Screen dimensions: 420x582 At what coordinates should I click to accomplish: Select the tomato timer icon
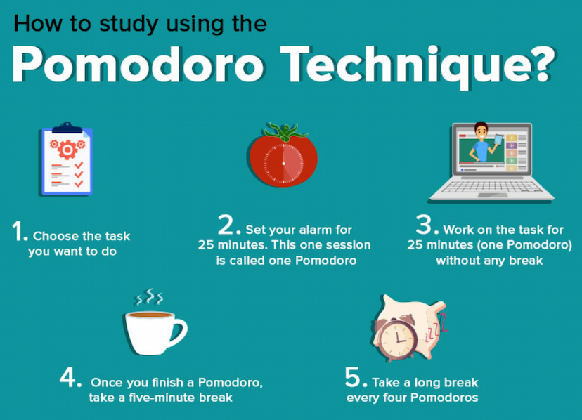coord(283,159)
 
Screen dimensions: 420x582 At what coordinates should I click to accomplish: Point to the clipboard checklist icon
coord(67,159)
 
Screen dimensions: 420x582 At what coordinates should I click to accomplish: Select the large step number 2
coord(228,225)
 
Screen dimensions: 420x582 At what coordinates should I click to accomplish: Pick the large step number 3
coord(425,225)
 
